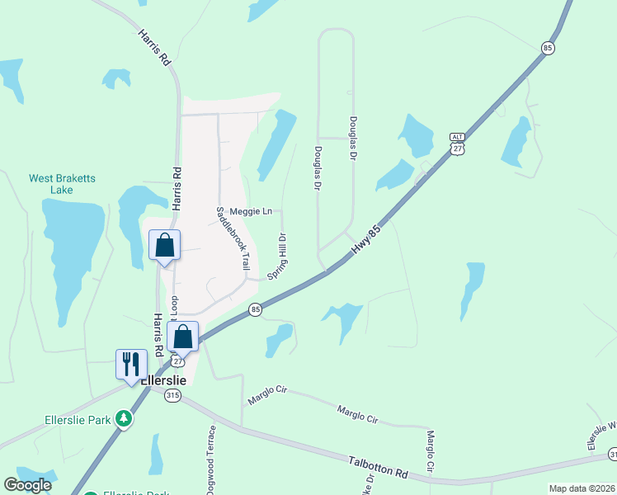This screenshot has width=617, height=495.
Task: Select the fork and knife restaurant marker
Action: click(x=131, y=365)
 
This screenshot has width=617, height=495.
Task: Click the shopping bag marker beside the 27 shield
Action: click(x=183, y=337)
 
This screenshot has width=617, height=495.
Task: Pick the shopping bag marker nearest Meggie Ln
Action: click(x=164, y=246)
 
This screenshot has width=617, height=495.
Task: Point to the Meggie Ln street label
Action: click(x=251, y=212)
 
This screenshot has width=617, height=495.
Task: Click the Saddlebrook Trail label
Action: click(x=233, y=238)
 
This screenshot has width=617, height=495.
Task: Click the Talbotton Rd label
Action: click(x=379, y=469)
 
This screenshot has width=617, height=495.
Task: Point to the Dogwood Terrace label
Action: click(x=211, y=460)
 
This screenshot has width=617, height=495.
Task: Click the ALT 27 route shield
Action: click(x=458, y=143)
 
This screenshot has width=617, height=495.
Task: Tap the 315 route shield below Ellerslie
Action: click(x=172, y=396)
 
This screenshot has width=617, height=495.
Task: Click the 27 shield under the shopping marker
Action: click(x=177, y=361)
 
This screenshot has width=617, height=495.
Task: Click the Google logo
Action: click(x=27, y=485)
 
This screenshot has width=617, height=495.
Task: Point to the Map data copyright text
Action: click(x=582, y=488)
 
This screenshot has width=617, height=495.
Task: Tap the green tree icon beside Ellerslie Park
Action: click(x=124, y=419)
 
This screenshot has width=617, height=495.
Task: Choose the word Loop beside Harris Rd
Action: click(x=174, y=307)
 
